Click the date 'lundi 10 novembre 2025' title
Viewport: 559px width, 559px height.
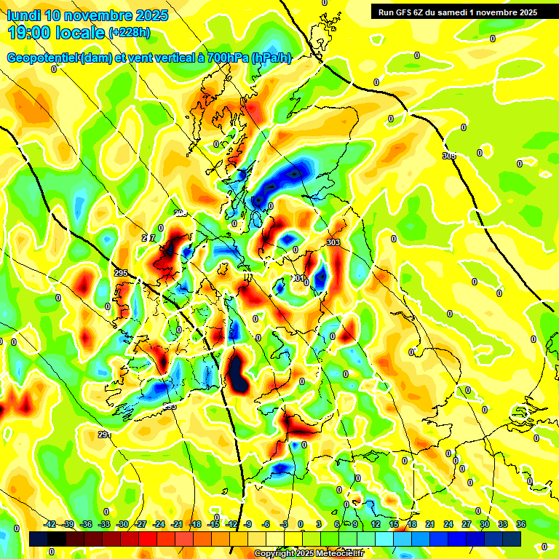tap(87, 15)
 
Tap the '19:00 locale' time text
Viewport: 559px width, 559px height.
tap(55, 32)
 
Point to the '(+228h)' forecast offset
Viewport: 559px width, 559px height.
tap(129, 33)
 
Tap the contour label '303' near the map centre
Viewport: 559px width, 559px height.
tap(334, 242)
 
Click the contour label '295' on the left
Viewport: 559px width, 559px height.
tap(121, 273)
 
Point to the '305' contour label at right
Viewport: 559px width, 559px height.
tap(449, 156)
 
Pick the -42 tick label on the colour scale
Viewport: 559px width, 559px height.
tap(50, 524)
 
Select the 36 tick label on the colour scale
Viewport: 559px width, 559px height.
tap(521, 524)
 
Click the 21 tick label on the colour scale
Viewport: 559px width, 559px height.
tap(429, 524)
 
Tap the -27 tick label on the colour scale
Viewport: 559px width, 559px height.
tap(140, 524)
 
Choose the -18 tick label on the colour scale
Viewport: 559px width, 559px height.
tap(195, 524)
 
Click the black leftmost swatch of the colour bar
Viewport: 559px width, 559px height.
tap(39, 539)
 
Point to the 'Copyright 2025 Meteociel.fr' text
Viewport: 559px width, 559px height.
tap(309, 554)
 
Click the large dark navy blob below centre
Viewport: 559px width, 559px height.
tap(237, 371)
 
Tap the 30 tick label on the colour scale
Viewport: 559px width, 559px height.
tap(484, 524)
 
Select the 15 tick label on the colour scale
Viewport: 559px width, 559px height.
tap(393, 524)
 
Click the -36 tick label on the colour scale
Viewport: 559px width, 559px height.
tap(86, 524)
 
